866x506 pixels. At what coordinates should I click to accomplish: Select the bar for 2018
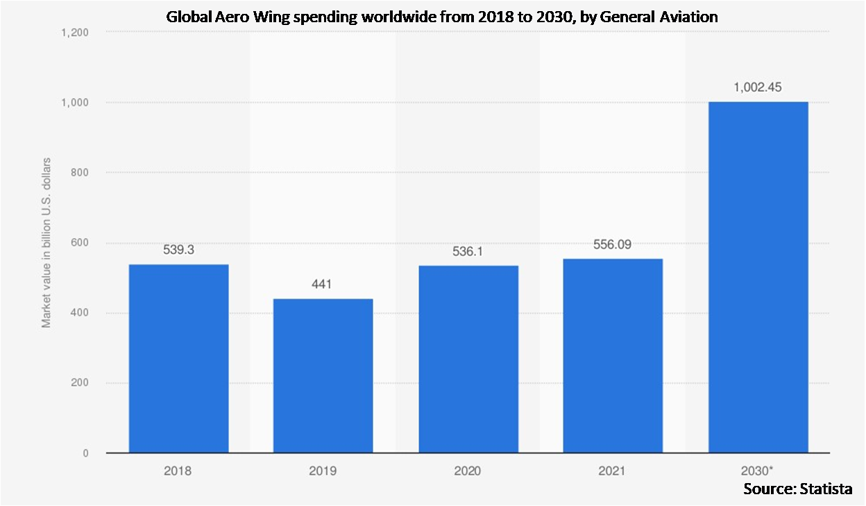tap(178, 358)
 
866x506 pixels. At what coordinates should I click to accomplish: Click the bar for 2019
tap(323, 376)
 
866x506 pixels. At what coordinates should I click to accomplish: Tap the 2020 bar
tap(468, 359)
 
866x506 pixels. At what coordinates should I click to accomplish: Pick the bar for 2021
tap(613, 355)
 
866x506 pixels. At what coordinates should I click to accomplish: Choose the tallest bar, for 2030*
tap(758, 278)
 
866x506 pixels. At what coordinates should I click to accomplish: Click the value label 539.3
tap(178, 250)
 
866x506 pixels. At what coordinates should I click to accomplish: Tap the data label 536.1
tap(468, 252)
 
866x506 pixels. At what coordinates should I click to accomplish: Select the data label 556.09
tap(613, 244)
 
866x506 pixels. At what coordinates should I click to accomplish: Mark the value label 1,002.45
tap(758, 87)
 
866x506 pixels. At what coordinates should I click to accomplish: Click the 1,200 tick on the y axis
tap(75, 32)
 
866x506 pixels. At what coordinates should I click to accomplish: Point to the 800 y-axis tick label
tap(80, 172)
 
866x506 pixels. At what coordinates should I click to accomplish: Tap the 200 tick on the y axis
tap(80, 383)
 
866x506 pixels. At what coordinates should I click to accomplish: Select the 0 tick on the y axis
tap(85, 453)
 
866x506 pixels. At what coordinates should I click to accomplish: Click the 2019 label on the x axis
tap(323, 471)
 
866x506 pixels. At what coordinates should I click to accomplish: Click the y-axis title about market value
tap(46, 242)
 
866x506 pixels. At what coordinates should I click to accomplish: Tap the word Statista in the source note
tap(827, 489)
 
